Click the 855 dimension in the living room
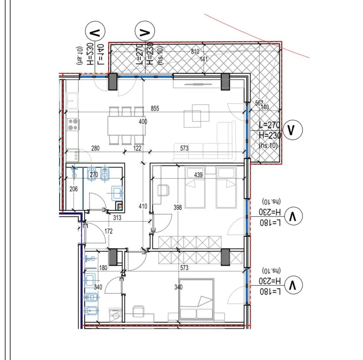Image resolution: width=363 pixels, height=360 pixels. pos(155,109)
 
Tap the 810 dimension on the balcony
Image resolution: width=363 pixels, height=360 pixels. pos(195,52)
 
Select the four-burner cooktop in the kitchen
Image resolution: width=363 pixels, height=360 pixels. pos(73,124)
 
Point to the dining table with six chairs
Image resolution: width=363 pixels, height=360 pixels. pos(126,125)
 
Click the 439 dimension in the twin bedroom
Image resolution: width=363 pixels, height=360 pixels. pos(199,175)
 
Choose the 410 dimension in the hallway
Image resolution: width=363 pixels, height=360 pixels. pos(143,207)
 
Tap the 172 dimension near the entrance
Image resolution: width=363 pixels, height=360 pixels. pos(109,231)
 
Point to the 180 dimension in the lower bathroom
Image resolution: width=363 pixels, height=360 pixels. pos(103,268)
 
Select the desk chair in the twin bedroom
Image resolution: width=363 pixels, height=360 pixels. pos(164,190)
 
